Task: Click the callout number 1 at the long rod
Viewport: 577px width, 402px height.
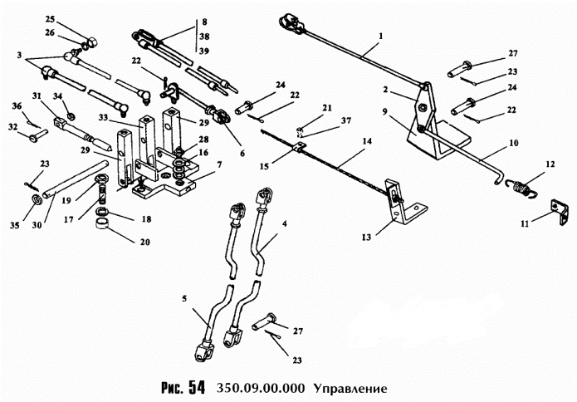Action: (x=380, y=37)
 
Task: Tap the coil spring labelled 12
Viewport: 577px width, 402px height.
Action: (x=521, y=189)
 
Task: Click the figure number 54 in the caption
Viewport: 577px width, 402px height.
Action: (x=195, y=387)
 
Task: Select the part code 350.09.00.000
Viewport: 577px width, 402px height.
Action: (x=264, y=388)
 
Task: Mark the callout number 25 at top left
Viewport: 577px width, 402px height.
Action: (x=50, y=18)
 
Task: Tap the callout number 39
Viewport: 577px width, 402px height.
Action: (x=204, y=51)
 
